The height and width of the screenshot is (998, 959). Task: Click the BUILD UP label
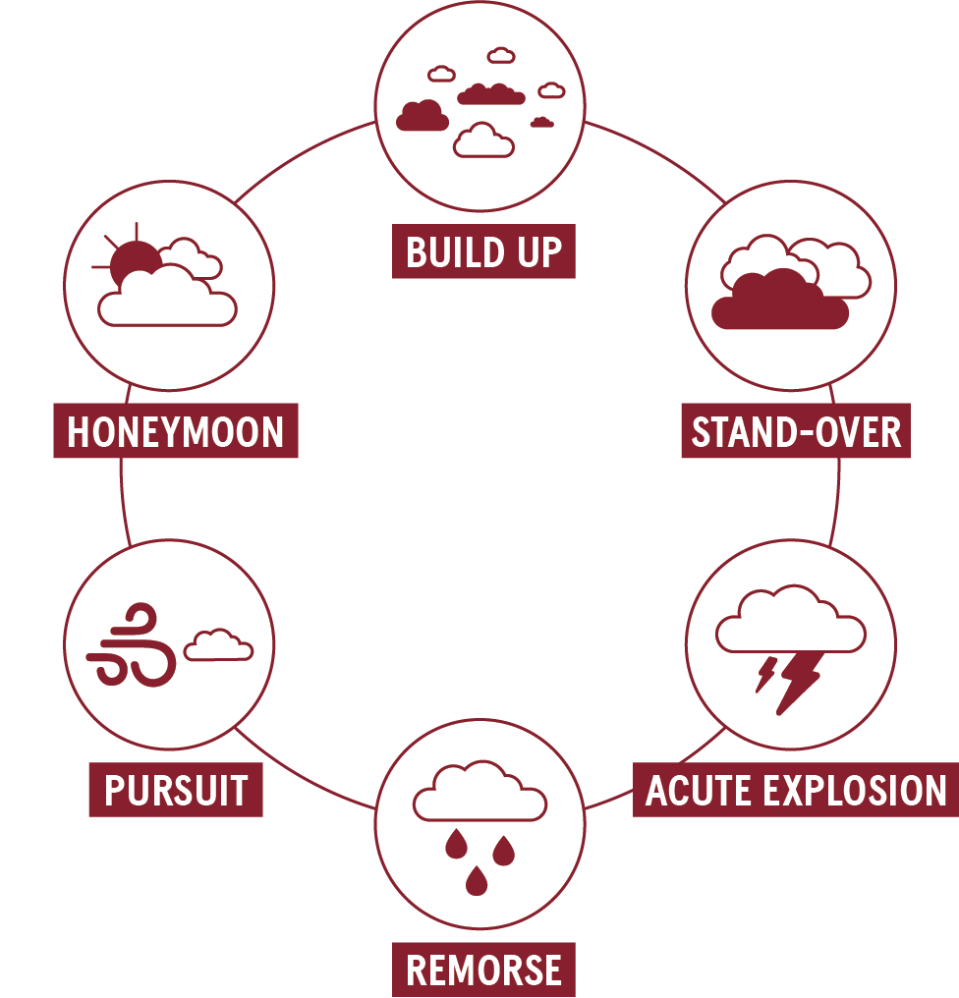click(483, 250)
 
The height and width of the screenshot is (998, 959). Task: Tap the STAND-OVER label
click(796, 430)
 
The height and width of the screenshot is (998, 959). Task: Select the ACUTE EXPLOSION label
click(795, 789)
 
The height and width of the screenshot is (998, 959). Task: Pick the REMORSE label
click(483, 969)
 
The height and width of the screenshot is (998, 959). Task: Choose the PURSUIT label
click(176, 789)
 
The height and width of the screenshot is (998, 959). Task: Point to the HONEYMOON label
click(176, 430)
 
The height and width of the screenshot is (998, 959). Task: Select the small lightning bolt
click(765, 675)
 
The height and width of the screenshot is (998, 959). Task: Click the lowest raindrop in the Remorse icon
click(477, 880)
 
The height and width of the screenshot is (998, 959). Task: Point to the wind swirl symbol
click(132, 644)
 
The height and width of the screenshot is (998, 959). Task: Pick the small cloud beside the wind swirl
click(218, 644)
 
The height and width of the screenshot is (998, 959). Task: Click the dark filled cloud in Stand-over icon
click(780, 301)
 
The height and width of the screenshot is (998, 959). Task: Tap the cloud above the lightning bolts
click(790, 619)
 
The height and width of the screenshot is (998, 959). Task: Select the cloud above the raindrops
click(479, 791)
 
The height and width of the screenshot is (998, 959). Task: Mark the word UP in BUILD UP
click(539, 251)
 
